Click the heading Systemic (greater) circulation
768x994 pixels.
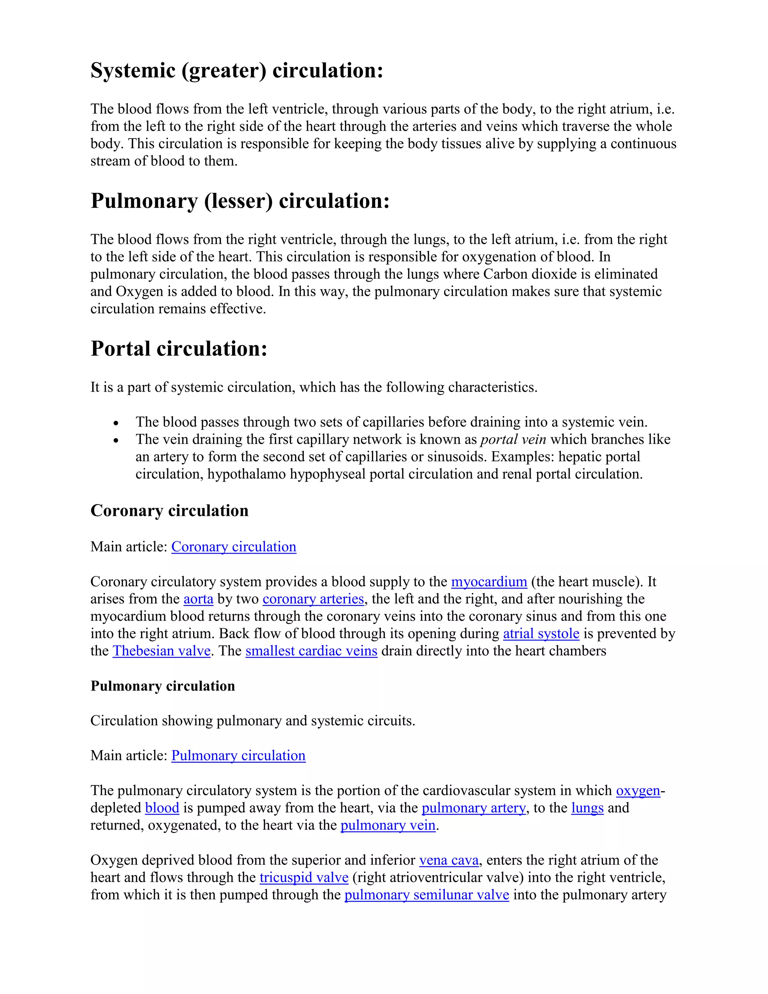[237, 71]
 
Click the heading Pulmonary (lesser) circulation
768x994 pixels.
[240, 201]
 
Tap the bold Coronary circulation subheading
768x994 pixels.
[169, 511]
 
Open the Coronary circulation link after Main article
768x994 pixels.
[233, 547]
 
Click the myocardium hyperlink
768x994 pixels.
[489, 582]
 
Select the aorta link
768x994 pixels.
[198, 599]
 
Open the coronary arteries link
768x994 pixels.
[313, 599]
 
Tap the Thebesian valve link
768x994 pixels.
[162, 651]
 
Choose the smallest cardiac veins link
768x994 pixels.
[311, 651]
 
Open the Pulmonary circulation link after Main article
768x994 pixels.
[238, 755]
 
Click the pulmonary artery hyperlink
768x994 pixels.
[473, 808]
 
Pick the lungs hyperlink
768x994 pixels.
[587, 808]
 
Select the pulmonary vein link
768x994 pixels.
[388, 825]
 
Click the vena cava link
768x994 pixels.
[448, 860]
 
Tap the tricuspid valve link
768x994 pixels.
[303, 877]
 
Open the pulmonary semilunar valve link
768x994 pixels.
[426, 895]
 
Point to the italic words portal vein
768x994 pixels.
[513, 440]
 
